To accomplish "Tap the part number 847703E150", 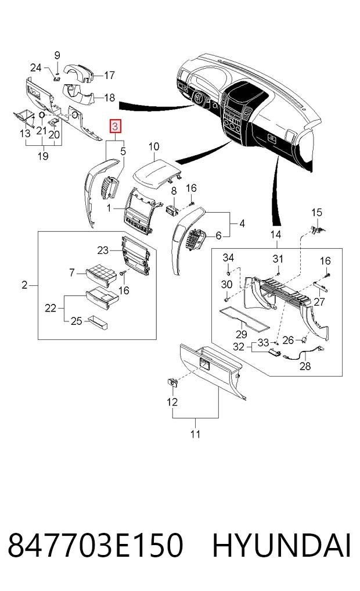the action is click(x=96, y=546).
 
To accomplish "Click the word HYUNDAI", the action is click(x=282, y=546).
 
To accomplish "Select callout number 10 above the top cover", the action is click(x=154, y=146).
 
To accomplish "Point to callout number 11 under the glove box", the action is click(x=195, y=434).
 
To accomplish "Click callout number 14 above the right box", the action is click(x=276, y=234).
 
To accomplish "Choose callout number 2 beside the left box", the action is click(x=24, y=285).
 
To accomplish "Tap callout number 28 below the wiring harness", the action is click(x=305, y=366).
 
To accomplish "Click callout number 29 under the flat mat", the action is click(x=242, y=334).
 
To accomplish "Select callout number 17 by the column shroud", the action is click(x=109, y=76).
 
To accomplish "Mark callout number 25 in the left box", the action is click(x=76, y=321).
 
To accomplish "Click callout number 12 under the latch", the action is click(x=172, y=402).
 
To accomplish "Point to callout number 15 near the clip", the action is click(x=316, y=213).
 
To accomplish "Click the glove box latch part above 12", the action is click(x=172, y=382).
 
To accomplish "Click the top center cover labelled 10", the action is click(x=157, y=173).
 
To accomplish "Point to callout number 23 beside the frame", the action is click(x=103, y=250).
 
